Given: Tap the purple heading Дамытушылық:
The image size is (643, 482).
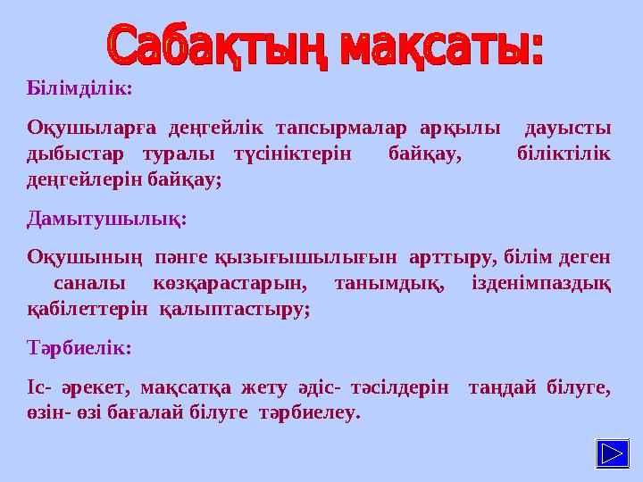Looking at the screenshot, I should tap(106, 219).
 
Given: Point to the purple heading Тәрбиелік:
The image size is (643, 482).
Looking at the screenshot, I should tap(79, 348).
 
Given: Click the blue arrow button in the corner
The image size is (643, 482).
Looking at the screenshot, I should tap(612, 453).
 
